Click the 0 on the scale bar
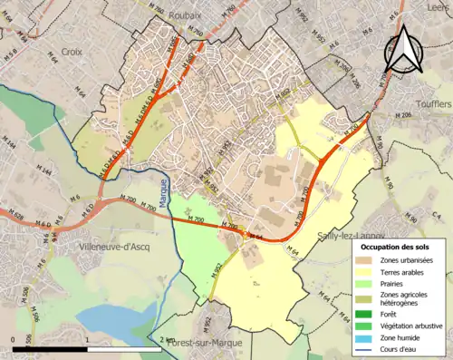click(13, 339)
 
